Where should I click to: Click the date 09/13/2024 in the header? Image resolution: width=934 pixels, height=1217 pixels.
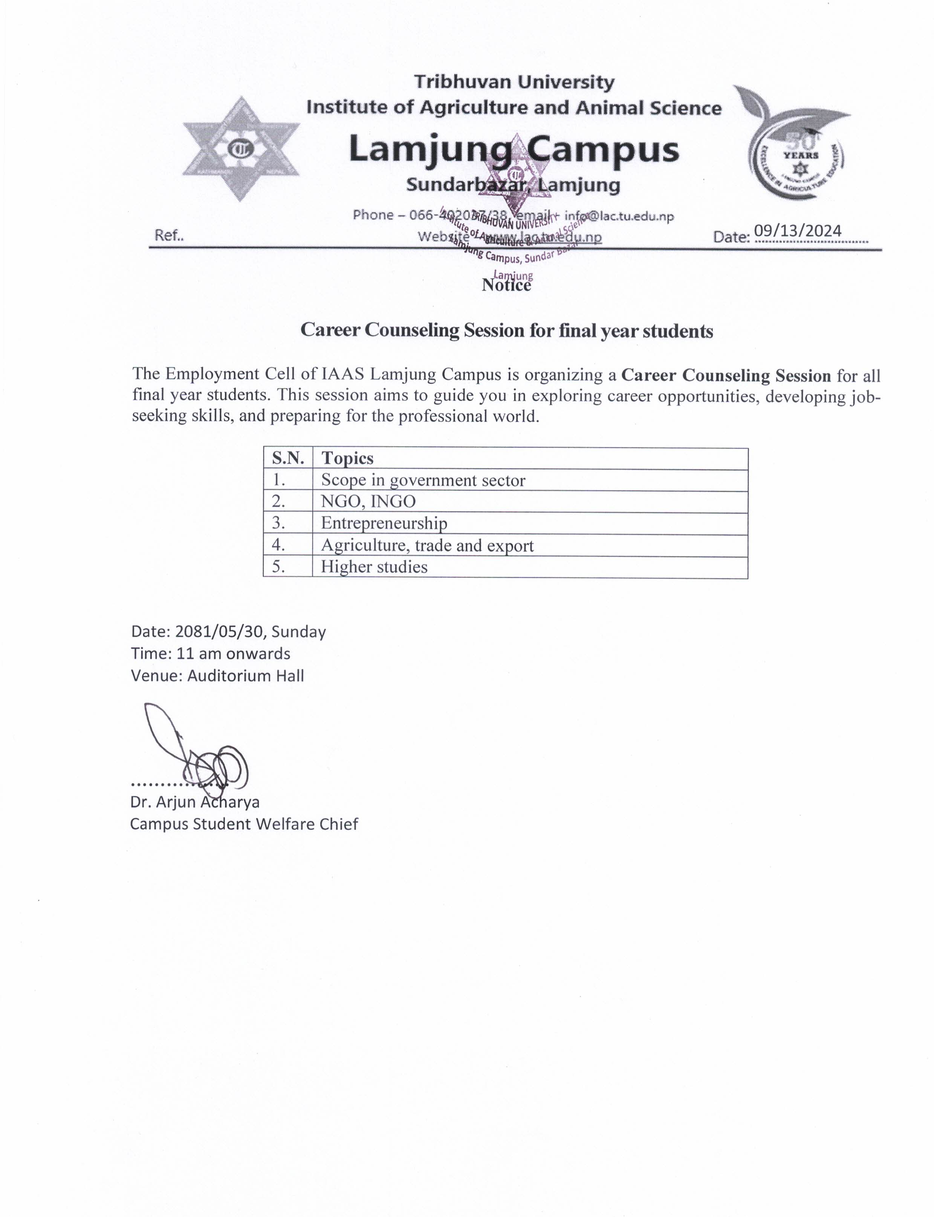coord(797,230)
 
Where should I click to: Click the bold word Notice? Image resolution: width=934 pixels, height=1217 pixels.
coord(506,285)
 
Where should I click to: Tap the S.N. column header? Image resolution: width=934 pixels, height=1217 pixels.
coord(287,458)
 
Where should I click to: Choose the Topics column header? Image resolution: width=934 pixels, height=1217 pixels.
coord(347,458)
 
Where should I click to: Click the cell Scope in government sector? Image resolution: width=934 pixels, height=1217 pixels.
coord(422,480)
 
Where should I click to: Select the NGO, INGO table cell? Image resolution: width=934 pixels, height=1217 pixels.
coord(368,502)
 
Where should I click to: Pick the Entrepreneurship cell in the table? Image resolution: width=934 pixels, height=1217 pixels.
coord(384,524)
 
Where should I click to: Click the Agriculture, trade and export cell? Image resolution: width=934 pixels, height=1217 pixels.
coord(427,546)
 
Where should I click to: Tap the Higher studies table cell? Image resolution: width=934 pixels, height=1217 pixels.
coord(374,567)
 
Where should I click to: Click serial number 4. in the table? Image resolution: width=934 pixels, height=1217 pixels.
coord(278,546)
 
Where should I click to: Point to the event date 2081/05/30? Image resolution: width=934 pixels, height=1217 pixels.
coord(220,632)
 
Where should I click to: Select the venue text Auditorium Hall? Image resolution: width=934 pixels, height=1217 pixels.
coord(245,676)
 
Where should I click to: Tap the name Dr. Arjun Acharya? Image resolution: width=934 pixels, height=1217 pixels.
coord(194,802)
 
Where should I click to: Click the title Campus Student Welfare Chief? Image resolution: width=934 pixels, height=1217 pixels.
coord(244,824)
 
